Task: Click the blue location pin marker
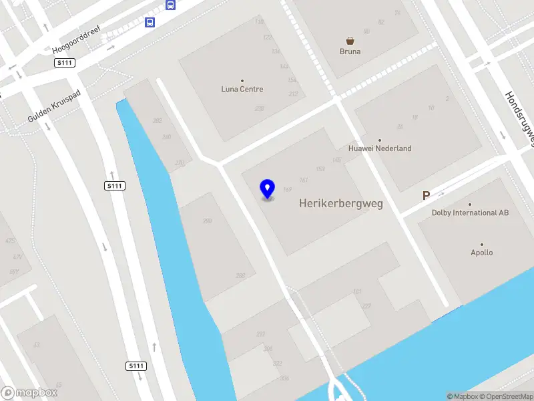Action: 267,189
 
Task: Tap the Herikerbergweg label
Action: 341,203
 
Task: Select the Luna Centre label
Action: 242,89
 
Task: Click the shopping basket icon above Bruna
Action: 350,40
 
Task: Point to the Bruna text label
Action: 350,51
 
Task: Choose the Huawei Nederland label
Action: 380,148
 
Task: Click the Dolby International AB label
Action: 470,213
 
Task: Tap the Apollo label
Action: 482,253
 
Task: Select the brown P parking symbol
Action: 425,196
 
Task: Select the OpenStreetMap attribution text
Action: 504,396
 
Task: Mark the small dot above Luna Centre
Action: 242,80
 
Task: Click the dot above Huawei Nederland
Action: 380,140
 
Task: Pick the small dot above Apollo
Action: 482,245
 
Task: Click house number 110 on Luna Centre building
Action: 259,22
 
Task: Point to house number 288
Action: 240,275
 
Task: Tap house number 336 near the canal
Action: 285,378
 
